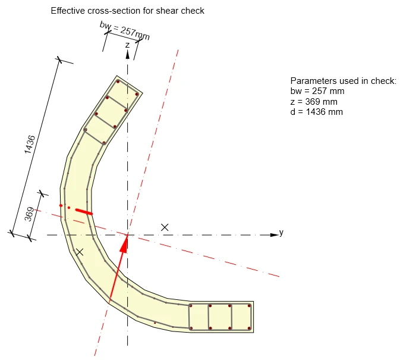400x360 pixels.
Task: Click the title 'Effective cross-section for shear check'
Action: (128, 11)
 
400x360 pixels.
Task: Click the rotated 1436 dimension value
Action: (30, 145)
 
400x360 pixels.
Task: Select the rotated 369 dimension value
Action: (29, 214)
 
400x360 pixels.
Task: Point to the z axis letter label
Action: (128, 45)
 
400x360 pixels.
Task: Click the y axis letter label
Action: (281, 232)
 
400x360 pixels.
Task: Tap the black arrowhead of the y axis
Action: (274, 234)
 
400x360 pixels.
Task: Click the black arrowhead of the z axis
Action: (128, 55)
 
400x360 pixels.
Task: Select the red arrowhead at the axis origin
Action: (124, 243)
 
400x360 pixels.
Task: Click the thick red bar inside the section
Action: (84, 212)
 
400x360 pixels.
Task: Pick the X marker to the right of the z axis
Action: (165, 227)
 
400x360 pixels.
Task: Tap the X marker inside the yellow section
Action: (80, 252)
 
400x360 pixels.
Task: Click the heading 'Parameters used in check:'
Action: (344, 81)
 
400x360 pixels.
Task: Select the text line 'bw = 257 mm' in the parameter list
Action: (317, 91)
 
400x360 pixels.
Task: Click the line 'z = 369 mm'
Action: (314, 102)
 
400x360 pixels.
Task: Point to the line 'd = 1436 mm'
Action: (317, 112)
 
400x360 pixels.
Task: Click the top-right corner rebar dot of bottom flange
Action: (249, 306)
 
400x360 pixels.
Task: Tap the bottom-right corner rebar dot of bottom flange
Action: (249, 328)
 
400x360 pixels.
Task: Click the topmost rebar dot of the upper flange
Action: (118, 82)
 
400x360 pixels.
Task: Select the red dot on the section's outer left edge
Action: (61, 205)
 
